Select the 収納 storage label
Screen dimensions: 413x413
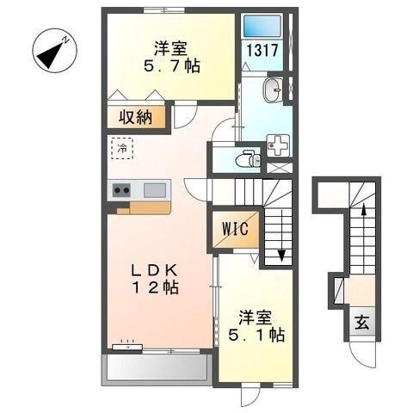[137, 118]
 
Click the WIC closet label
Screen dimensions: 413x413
[234, 229]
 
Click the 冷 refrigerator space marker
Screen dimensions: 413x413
[122, 149]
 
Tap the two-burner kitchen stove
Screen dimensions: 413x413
[120, 190]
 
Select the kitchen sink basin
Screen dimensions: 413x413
[155, 189]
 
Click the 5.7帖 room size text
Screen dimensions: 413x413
[170, 66]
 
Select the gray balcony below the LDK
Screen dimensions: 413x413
[156, 370]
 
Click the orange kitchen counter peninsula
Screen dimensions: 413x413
[143, 207]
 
